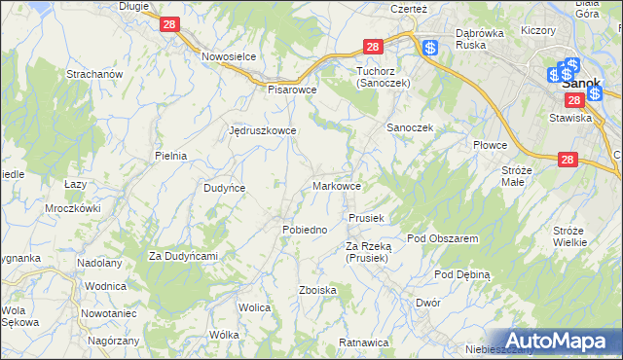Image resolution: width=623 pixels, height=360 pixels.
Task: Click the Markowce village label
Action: [338, 186]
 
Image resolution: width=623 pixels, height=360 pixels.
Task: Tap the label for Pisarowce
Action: [293, 89]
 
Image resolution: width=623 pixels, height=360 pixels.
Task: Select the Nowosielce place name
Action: [228, 56]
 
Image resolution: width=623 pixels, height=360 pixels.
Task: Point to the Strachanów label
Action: [92, 74]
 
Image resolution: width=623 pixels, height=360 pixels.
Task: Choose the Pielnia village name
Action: [170, 155]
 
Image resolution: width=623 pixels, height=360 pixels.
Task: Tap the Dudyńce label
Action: [223, 188]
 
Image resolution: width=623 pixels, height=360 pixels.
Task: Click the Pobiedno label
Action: [304, 229]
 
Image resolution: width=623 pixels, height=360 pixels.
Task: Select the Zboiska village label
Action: [317, 290]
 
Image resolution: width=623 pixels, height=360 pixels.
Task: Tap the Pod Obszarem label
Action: [442, 238]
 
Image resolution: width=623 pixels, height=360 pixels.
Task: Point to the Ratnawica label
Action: [364, 342]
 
